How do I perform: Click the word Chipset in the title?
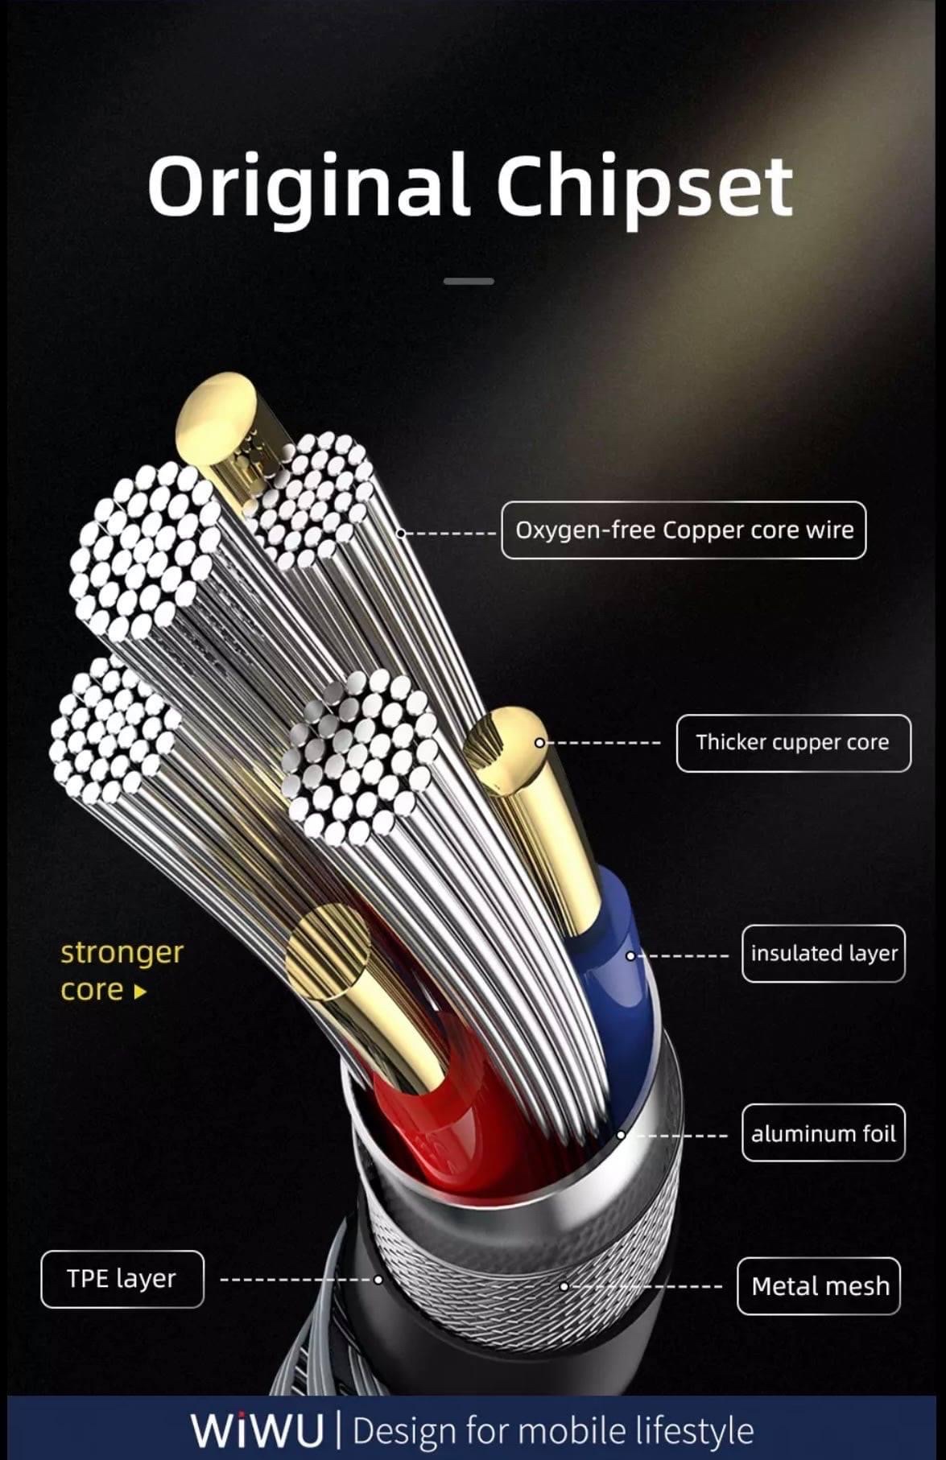[645, 187]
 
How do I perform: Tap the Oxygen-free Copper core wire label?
[684, 530]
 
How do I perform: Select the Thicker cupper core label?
[793, 743]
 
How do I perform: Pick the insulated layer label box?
[823, 954]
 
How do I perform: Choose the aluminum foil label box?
[823, 1133]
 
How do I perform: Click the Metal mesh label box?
[819, 1286]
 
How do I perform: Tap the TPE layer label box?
[122, 1279]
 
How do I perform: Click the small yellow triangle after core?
[141, 992]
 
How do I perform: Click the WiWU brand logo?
[257, 1429]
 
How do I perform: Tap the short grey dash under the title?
[469, 281]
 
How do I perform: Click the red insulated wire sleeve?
[451, 1127]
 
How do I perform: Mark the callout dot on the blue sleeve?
[630, 955]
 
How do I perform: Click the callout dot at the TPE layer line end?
[378, 1280]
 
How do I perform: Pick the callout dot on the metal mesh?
[564, 1287]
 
